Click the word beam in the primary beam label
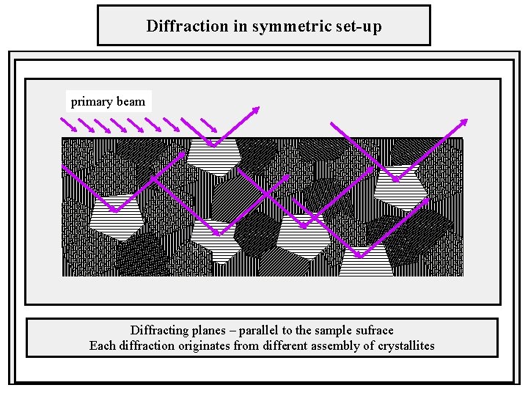[x=131, y=101]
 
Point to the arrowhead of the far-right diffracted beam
[x=464, y=122]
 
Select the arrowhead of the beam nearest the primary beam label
[x=257, y=109]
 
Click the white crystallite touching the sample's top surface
[x=212, y=156]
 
